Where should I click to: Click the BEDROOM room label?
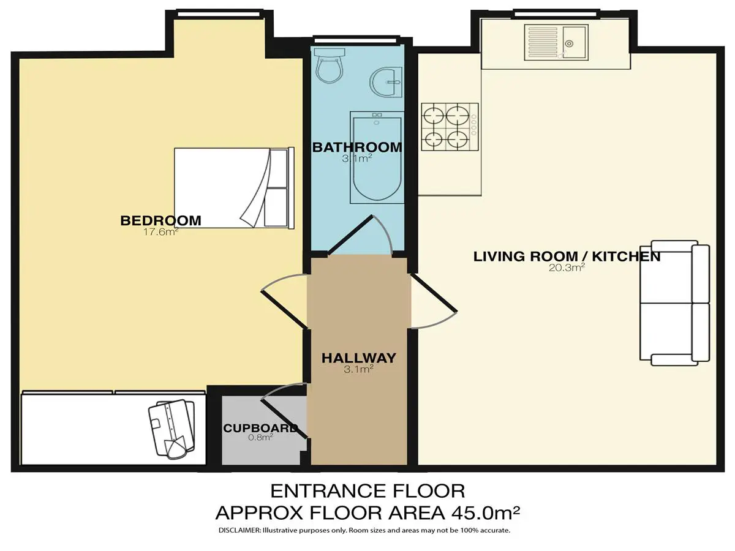pyautogui.click(x=160, y=221)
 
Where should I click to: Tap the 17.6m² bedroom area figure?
pyautogui.click(x=160, y=232)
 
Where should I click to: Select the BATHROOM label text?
pyautogui.click(x=357, y=147)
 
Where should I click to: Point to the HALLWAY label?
pyautogui.click(x=359, y=358)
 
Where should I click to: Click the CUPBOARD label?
pyautogui.click(x=260, y=428)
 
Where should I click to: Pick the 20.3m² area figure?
pyautogui.click(x=567, y=268)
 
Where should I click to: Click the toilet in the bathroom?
pyautogui.click(x=330, y=66)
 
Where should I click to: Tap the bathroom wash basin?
pyautogui.click(x=386, y=82)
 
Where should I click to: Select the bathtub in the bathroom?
pyautogui.click(x=377, y=157)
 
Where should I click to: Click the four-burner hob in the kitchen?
pyautogui.click(x=450, y=127)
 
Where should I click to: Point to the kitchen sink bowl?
pyautogui.click(x=574, y=43)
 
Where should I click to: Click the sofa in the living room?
pyautogui.click(x=674, y=303)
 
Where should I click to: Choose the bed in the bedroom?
pyautogui.click(x=234, y=188)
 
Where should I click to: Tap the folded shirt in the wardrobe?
pyautogui.click(x=171, y=429)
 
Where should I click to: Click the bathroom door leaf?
pyautogui.click(x=350, y=234)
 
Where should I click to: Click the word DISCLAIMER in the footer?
pyautogui.click(x=239, y=539)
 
